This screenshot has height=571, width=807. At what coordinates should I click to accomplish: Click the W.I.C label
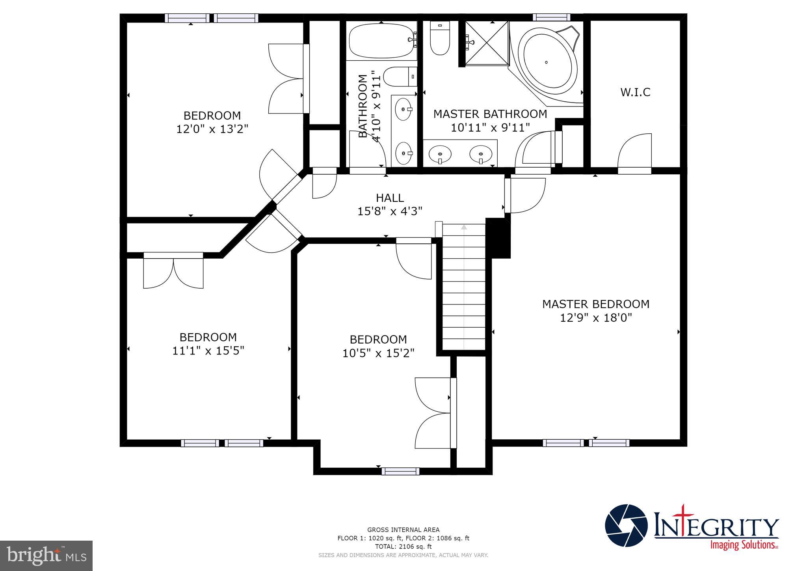pyautogui.click(x=635, y=92)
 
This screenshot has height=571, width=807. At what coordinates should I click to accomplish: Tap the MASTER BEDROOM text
pyautogui.click(x=596, y=304)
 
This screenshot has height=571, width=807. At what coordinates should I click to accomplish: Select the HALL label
pyautogui.click(x=390, y=198)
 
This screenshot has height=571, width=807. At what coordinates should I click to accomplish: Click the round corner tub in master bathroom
pyautogui.click(x=547, y=62)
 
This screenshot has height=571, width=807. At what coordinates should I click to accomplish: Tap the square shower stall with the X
pyautogui.click(x=487, y=43)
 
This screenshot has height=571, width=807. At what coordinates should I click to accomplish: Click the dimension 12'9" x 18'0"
pyautogui.click(x=596, y=318)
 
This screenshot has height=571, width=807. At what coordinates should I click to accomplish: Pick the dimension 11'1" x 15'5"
pyautogui.click(x=208, y=351)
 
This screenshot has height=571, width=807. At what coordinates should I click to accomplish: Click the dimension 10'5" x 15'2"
pyautogui.click(x=378, y=353)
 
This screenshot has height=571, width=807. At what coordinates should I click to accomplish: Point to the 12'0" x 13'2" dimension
pyautogui.click(x=212, y=129)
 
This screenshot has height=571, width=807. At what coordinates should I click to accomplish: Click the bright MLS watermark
pyautogui.click(x=46, y=556)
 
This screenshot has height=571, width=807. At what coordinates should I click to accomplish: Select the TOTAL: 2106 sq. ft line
pyautogui.click(x=403, y=547)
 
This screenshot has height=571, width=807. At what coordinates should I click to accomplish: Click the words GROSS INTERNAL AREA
pyautogui.click(x=403, y=530)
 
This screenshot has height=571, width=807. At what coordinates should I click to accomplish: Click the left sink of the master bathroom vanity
pyautogui.click(x=440, y=153)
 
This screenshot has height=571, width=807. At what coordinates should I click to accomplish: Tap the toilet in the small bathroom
pyautogui.click(x=399, y=77)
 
